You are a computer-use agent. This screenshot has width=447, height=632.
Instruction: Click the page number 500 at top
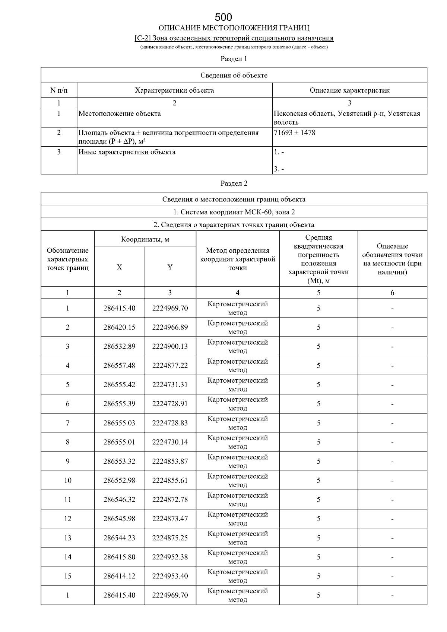(223, 17)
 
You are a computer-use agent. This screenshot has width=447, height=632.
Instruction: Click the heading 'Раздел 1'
(234, 59)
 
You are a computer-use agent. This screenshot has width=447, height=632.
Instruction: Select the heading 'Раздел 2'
(234, 183)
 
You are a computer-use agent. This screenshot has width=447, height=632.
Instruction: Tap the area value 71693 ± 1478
(295, 133)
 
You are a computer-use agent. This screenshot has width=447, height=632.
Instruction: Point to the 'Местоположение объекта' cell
(120, 114)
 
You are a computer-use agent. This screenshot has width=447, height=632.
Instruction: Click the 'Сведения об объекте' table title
(234, 76)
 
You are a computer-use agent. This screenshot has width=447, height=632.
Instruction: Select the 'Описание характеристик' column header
(349, 90)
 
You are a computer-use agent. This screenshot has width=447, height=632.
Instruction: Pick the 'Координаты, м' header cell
(145, 239)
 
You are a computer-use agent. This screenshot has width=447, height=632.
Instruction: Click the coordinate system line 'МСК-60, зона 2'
(234, 212)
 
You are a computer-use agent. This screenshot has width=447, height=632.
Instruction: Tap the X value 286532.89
(119, 347)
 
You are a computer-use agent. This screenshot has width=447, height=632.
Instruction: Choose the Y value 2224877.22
(170, 366)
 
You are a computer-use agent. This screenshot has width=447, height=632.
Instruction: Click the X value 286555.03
(119, 423)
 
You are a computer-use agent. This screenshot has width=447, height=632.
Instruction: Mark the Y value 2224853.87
(170, 462)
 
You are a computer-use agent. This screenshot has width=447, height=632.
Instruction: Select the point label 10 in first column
(67, 481)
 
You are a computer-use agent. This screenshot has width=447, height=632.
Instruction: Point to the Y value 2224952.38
(170, 557)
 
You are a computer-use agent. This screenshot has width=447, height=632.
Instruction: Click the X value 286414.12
(119, 576)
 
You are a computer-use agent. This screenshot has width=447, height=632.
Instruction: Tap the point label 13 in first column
(67, 538)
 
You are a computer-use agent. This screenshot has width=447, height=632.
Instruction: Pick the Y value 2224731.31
(170, 385)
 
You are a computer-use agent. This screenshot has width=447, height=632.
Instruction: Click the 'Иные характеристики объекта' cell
(127, 152)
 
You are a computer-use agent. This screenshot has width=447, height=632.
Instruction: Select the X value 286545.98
(119, 519)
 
